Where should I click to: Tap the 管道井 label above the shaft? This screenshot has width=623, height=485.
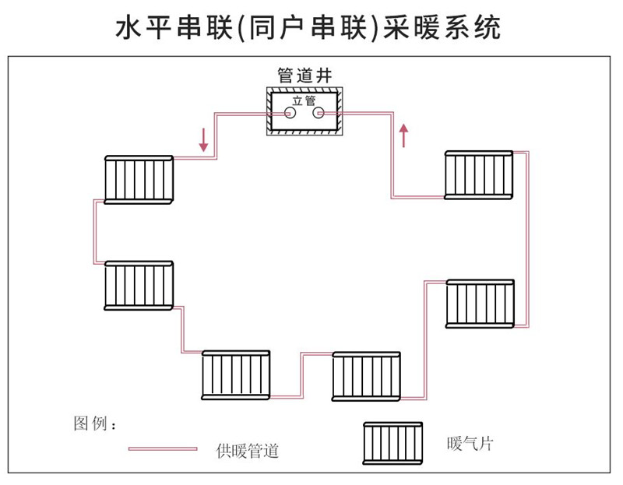tap(304, 76)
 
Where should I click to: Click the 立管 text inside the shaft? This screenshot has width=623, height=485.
tap(304, 100)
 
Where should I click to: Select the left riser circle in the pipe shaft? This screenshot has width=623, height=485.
tap(290, 114)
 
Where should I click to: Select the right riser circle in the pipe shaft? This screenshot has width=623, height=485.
tap(318, 114)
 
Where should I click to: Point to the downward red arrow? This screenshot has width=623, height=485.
tap(204, 140)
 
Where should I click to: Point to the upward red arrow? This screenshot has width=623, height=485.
tap(403, 135)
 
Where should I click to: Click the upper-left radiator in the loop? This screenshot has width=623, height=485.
tap(139, 179)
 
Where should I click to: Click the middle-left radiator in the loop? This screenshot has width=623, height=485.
tap(139, 285)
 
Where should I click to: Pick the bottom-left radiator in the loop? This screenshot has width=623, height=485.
tap(236, 375)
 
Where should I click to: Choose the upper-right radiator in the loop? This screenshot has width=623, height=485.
tap(478, 175)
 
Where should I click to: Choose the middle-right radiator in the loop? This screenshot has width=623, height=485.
tap(480, 304)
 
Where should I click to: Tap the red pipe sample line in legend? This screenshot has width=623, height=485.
tap(163, 449)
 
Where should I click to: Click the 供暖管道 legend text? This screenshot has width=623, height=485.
tap(248, 450)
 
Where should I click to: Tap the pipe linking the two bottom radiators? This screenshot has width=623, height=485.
tap(302, 374)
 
